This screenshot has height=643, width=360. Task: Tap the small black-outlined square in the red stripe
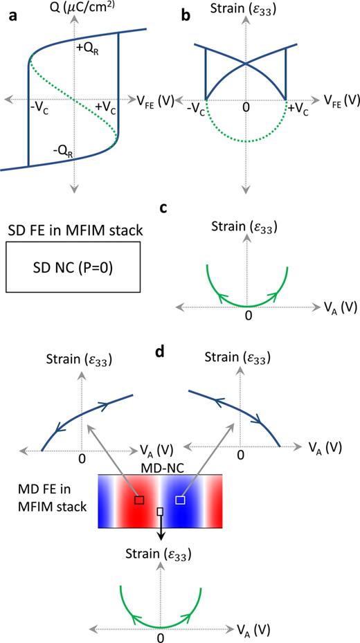click(139, 500)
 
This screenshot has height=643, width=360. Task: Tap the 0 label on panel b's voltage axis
click(245, 109)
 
